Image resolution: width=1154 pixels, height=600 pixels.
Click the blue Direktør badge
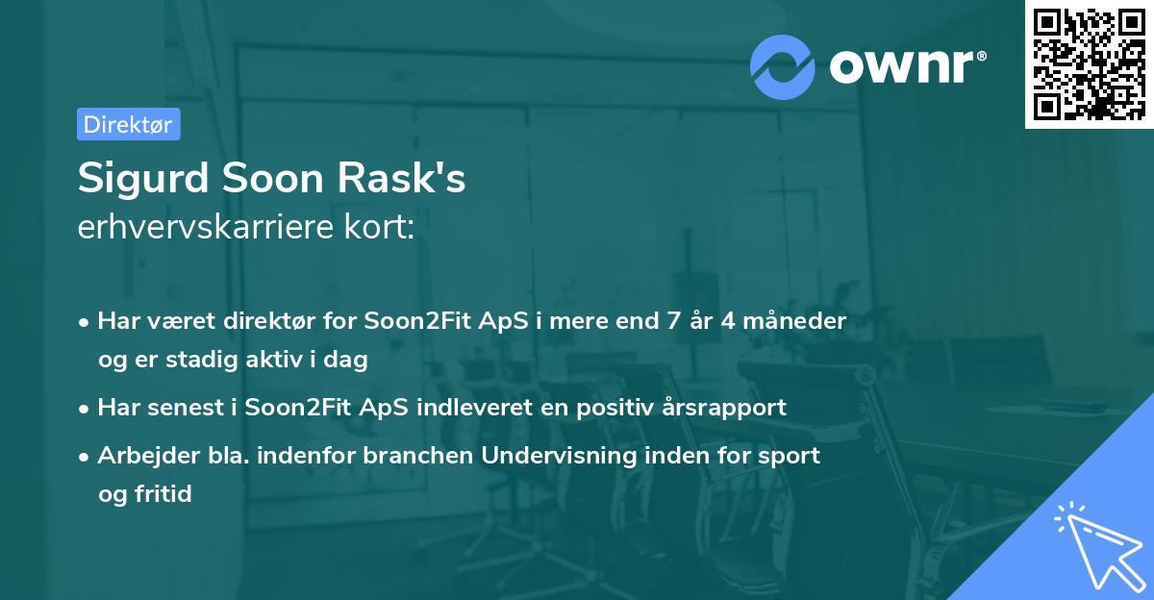[128, 124]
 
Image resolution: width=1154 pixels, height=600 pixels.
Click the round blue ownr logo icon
[782, 66]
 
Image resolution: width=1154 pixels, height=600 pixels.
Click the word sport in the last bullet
[790, 456]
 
